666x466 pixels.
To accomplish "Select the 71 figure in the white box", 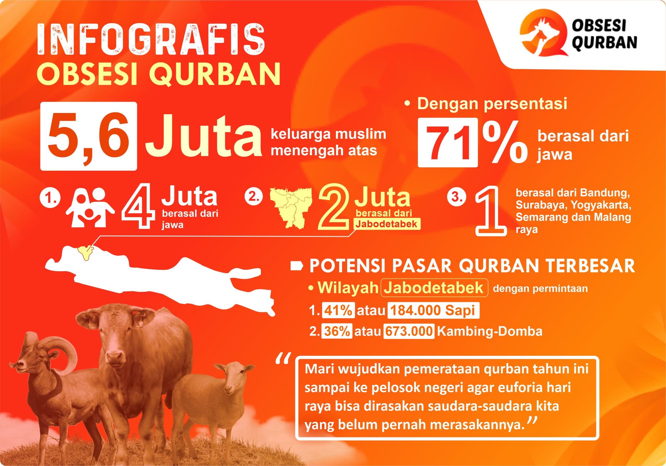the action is tap(447, 142).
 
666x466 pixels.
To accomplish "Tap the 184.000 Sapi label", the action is tap(432, 311).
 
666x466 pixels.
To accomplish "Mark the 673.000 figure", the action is tap(409, 332).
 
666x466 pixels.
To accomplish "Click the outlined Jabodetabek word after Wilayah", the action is tap(434, 288).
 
